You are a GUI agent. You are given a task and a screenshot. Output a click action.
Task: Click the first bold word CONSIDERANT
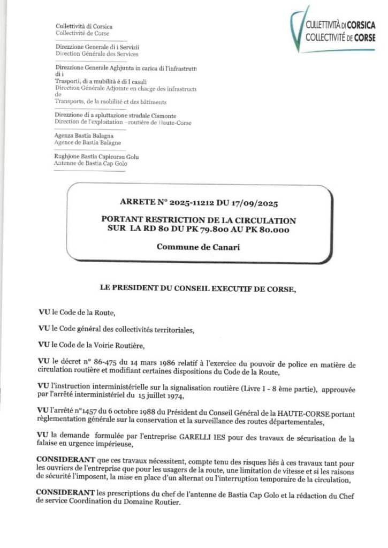point(60,459)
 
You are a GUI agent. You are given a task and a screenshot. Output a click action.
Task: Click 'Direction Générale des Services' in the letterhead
point(97,54)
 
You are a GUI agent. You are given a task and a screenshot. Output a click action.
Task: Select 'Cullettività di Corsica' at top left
point(84,26)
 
